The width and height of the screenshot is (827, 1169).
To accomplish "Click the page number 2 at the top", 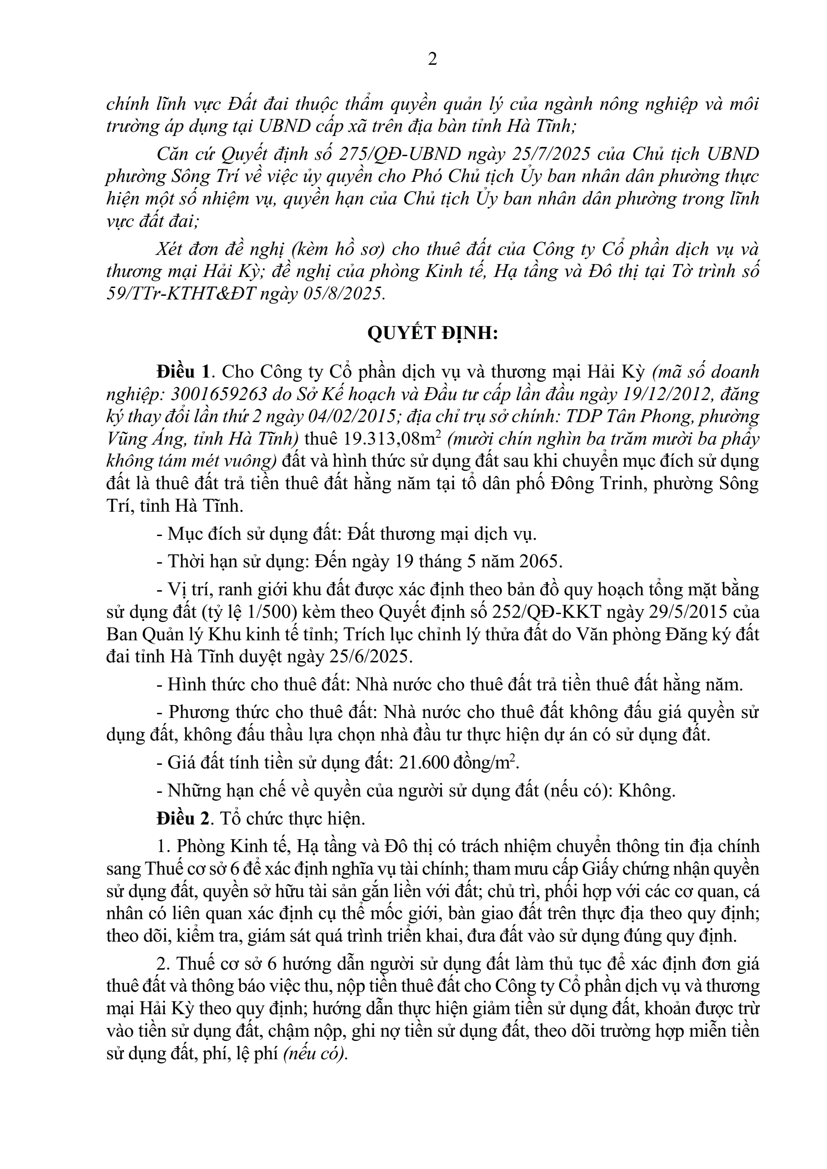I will pos(432,60).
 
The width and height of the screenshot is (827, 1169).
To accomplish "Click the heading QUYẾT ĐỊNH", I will pos(432,333).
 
